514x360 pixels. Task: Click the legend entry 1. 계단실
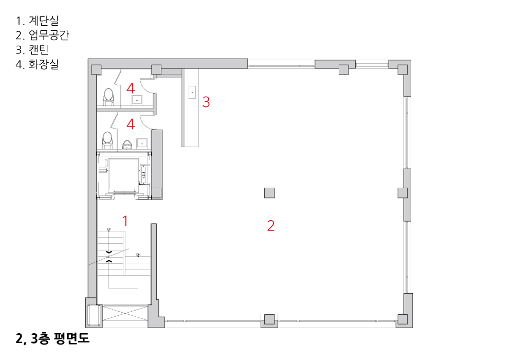[37, 21]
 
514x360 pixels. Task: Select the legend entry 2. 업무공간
[42, 35]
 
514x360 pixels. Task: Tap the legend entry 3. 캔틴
[32, 49]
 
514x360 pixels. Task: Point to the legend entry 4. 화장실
[37, 64]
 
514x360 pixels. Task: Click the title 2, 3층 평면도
[52, 339]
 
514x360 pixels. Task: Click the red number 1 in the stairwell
[125, 221]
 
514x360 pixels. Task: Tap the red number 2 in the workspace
[271, 226]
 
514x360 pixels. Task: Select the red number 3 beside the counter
[206, 102]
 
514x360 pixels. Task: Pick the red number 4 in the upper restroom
[131, 88]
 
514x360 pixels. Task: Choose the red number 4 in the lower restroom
[131, 124]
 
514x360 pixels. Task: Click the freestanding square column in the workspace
[269, 193]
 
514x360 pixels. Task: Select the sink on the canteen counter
[192, 92]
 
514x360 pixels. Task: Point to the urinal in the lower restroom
[127, 145]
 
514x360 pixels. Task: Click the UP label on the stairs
[109, 229]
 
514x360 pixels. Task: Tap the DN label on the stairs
[138, 255]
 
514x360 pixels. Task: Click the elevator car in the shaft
[123, 175]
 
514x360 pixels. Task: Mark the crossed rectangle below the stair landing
[125, 314]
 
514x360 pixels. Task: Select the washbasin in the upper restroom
[137, 100]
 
